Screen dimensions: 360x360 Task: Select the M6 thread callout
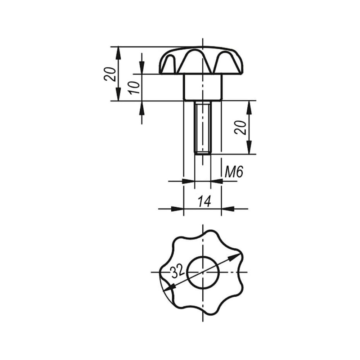click(234, 172)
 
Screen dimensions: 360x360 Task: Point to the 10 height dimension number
click(135, 87)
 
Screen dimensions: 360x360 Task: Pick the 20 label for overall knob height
click(110, 74)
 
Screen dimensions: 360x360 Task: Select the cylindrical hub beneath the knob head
click(203, 87)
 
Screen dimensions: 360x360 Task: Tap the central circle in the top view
click(203, 272)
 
